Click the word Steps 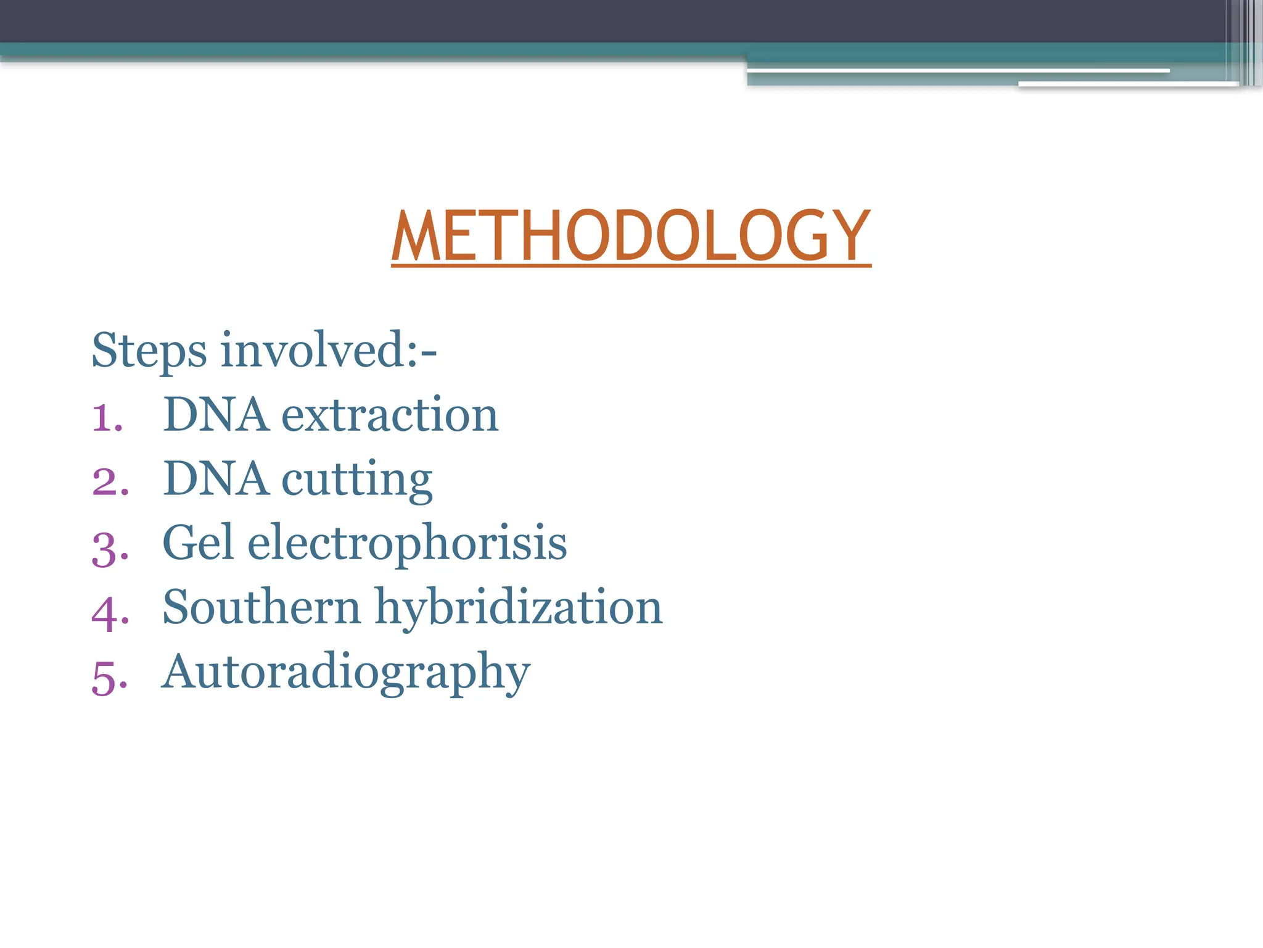click(x=149, y=351)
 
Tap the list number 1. click(x=107, y=417)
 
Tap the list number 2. click(x=110, y=481)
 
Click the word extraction click(x=390, y=415)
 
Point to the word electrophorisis click(x=407, y=544)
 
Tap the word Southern click(x=261, y=607)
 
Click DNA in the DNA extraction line click(x=216, y=415)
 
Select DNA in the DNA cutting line click(x=216, y=479)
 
